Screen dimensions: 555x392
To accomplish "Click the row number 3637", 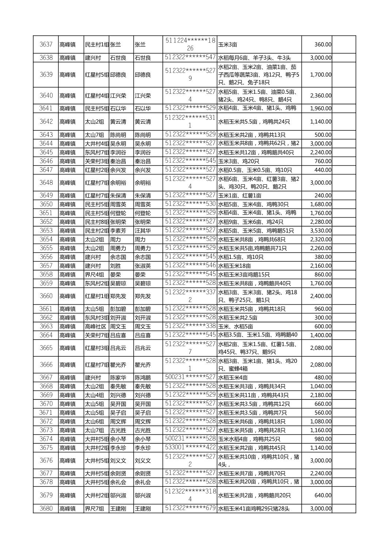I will coord(46,45).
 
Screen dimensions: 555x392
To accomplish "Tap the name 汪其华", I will coord(143,231).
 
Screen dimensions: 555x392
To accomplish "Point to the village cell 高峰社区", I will coord(95,327).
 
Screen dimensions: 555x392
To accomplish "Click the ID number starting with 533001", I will coord(190,448).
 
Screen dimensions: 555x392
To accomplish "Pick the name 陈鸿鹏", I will coord(143,378).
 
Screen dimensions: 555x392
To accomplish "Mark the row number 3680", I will coord(46,509).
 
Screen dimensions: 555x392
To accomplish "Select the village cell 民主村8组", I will coord(97,222).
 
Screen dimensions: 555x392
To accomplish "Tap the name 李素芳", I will coord(118,231).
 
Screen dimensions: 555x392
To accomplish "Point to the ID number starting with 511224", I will coord(190,44).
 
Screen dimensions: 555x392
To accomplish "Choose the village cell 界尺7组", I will coord(95,509).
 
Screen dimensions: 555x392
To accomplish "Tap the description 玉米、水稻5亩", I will coord(235,327).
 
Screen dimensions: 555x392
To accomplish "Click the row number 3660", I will coord(46,296).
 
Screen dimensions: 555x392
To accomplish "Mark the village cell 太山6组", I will coord(95,421).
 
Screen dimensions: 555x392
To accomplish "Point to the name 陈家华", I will coord(118,378).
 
